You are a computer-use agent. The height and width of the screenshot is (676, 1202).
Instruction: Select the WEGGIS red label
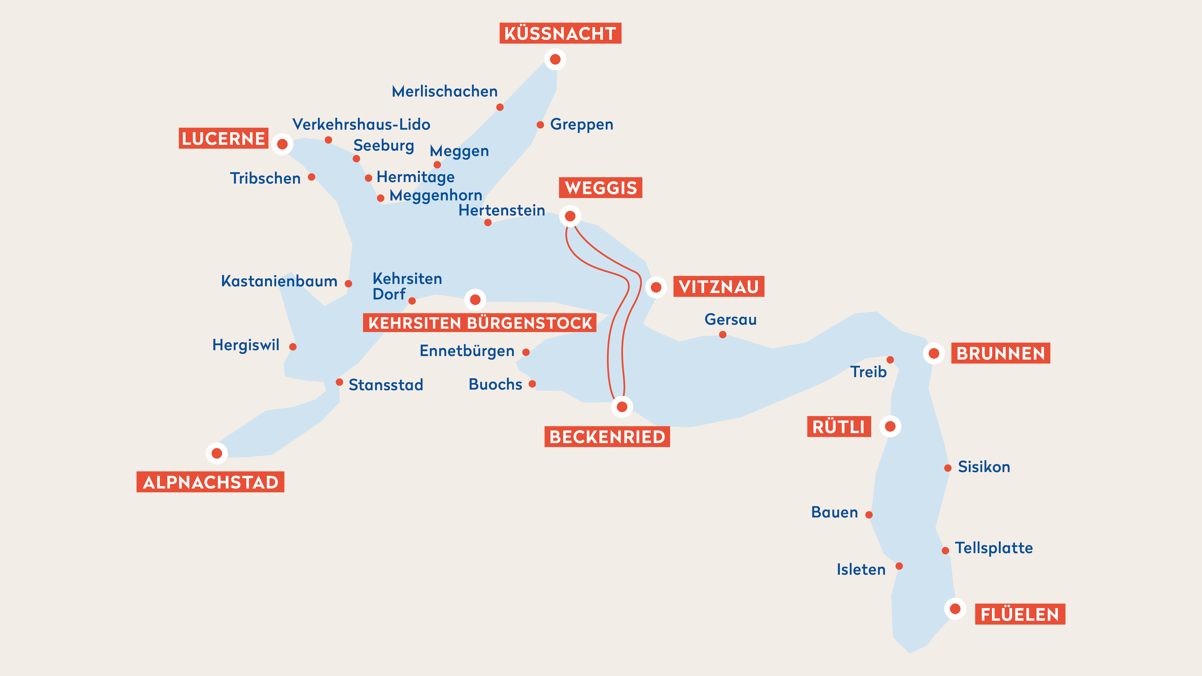point(600,187)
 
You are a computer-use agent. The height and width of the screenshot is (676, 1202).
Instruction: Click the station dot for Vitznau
point(656,287)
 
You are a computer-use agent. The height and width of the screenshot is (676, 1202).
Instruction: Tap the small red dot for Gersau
point(722,334)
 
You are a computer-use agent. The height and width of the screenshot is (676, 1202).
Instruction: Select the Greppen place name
point(581,125)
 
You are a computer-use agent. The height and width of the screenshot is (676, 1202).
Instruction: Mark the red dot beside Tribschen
point(312,177)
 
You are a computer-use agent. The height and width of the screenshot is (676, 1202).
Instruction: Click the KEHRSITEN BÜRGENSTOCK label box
point(479,323)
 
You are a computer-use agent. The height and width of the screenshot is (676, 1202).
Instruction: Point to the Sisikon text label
point(984,467)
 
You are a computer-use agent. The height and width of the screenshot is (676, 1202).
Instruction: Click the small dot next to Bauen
point(869,515)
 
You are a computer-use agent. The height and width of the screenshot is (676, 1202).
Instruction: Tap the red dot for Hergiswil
point(293,347)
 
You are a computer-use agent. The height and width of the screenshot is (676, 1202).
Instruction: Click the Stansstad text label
point(386,385)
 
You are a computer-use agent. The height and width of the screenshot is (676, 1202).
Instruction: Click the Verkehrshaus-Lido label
point(361,125)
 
